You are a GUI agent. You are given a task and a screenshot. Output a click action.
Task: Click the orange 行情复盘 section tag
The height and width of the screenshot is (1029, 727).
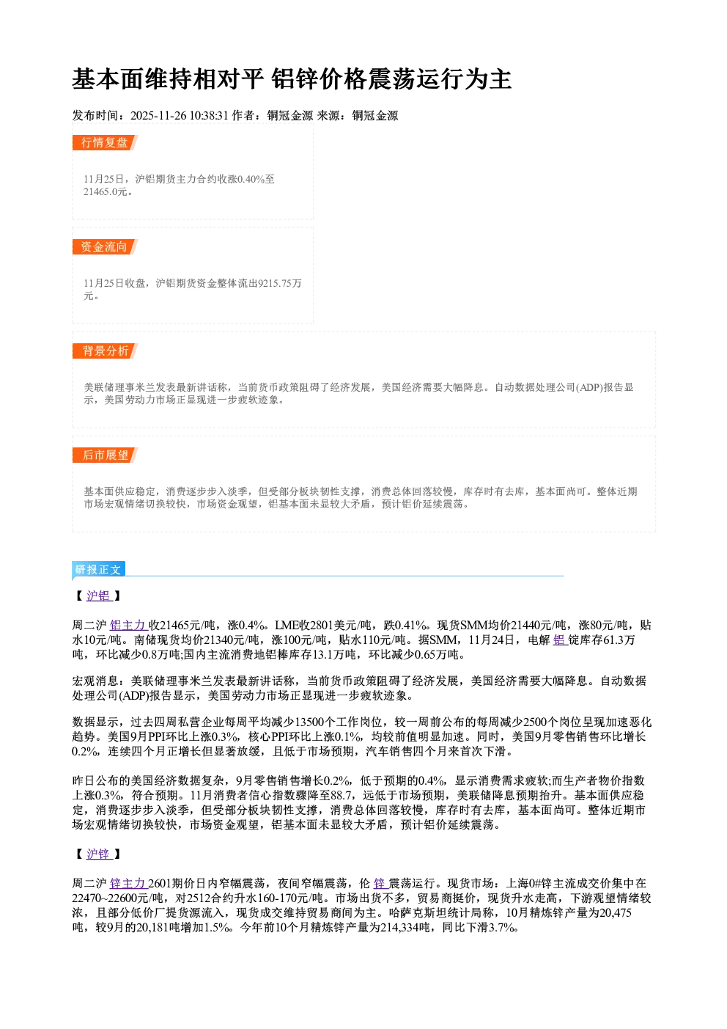[x=105, y=142]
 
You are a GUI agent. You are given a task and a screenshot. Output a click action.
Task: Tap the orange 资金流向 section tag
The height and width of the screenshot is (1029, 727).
[x=105, y=246]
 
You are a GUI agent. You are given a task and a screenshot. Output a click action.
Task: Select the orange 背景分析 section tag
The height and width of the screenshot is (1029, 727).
[x=105, y=351]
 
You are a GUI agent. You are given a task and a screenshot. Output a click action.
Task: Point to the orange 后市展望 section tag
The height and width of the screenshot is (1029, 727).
[x=105, y=455]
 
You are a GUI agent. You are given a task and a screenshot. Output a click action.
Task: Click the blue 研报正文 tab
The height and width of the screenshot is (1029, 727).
[x=98, y=570]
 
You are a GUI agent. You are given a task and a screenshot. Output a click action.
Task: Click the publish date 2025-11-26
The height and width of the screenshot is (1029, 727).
[x=158, y=115]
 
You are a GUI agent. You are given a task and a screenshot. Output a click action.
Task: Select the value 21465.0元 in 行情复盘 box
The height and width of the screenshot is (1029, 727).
[x=105, y=191]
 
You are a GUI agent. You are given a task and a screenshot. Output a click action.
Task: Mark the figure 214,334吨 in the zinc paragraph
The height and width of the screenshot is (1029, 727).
[x=405, y=928]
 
